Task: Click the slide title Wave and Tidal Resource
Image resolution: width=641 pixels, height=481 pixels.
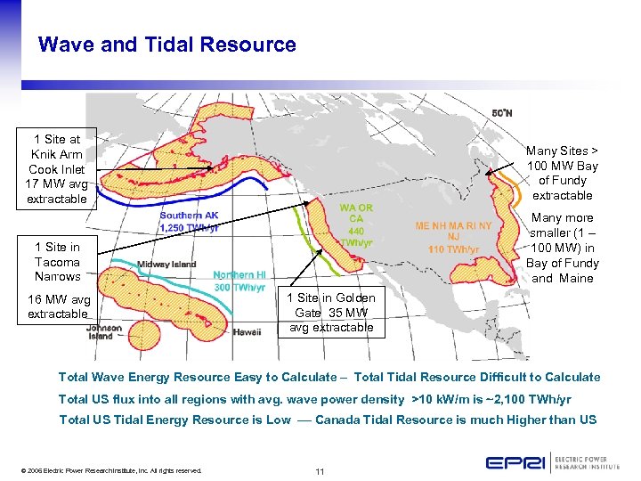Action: coord(167,45)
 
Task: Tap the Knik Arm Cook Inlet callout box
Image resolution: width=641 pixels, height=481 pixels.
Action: coord(57,169)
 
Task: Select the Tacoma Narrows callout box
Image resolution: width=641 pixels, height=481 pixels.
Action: coord(57,262)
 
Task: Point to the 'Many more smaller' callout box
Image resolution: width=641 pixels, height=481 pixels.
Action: coord(562,248)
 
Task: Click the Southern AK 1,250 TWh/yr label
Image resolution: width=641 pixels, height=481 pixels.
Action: coord(189,222)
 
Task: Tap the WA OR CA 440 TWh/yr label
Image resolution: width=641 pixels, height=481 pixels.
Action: coord(355,224)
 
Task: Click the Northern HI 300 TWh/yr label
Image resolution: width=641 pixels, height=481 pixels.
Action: coord(239,281)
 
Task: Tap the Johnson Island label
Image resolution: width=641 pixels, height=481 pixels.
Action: coord(104,332)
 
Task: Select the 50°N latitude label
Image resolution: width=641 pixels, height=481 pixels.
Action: coord(502,114)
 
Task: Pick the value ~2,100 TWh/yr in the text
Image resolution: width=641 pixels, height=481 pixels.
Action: coord(532,399)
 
